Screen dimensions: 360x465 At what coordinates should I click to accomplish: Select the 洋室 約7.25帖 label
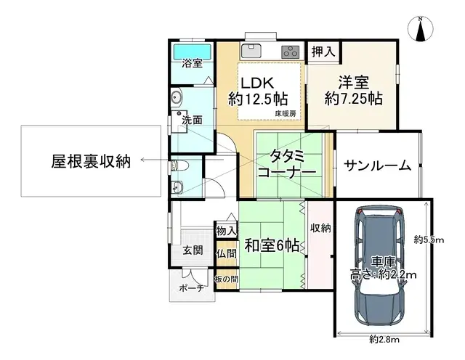click(x=352, y=91)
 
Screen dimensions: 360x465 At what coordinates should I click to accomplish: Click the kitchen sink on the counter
click(x=251, y=51)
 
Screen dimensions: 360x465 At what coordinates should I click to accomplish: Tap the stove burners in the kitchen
click(x=289, y=52)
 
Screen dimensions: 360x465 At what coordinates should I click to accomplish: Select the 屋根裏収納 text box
click(x=91, y=161)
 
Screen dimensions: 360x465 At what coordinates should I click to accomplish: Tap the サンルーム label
click(x=378, y=165)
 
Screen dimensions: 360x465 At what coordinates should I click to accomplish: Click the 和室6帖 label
click(x=271, y=245)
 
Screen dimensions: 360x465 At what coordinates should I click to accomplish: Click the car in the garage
click(x=379, y=266)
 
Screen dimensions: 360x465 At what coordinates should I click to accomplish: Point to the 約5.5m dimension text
click(x=429, y=240)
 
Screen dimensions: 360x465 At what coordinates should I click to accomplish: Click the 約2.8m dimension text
click(x=382, y=339)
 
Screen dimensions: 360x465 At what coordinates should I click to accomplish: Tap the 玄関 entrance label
click(x=193, y=252)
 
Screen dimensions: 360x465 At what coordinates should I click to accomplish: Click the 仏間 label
click(x=226, y=254)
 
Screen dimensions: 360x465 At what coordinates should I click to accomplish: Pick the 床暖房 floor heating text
click(x=285, y=113)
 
